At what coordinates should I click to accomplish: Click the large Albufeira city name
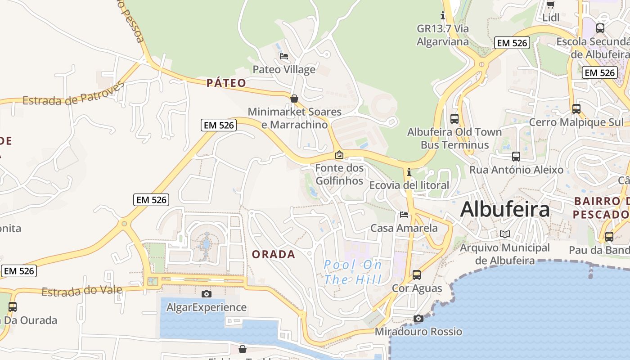(505, 209)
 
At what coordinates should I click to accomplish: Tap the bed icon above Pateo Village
(284, 56)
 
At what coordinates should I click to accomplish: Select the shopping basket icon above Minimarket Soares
(294, 98)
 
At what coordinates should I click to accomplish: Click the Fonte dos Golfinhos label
(339, 174)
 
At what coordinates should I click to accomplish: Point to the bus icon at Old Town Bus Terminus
(454, 119)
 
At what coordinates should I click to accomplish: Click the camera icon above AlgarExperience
(207, 294)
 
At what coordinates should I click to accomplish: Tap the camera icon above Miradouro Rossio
(418, 318)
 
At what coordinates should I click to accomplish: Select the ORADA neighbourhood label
(273, 254)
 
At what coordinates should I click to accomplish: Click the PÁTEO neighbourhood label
(226, 83)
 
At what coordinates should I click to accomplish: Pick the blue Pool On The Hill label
(353, 272)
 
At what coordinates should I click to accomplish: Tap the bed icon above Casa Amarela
(404, 215)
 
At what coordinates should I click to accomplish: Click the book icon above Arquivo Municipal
(505, 234)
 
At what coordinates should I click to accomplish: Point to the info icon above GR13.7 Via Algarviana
(443, 16)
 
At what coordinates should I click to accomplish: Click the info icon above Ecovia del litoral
(409, 172)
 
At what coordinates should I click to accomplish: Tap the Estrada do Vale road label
(82, 291)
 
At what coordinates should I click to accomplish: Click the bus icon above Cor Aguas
(417, 274)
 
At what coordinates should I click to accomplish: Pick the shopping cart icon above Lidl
(550, 5)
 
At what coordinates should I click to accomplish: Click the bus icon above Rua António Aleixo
(516, 157)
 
